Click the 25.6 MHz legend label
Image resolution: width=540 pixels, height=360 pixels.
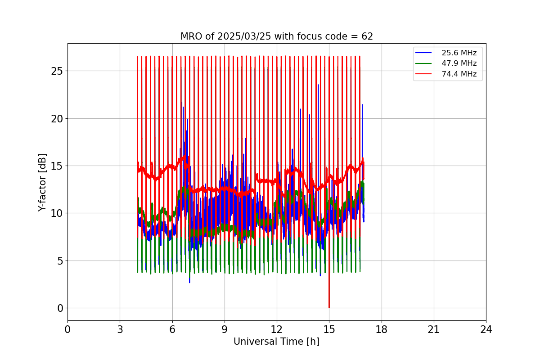coord(459,53)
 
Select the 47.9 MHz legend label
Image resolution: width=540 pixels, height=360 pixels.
coord(459,63)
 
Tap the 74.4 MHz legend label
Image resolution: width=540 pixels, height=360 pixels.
coord(459,74)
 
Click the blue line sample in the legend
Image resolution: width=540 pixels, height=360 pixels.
coord(423,53)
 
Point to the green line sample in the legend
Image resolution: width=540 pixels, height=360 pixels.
coord(423,63)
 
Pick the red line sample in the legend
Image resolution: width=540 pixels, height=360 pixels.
coord(423,74)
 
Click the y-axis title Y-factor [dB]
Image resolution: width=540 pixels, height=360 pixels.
coord(42,182)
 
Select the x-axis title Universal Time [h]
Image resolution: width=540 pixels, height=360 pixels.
coord(276,342)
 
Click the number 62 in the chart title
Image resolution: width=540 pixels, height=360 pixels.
coord(367,36)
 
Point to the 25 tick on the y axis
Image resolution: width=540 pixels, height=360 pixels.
coord(57,71)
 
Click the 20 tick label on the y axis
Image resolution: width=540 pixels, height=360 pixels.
coord(57,118)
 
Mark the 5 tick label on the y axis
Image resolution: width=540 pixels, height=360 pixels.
coord(59,261)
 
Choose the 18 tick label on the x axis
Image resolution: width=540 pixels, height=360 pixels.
coord(381,329)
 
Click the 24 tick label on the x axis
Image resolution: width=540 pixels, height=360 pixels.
coord(486,329)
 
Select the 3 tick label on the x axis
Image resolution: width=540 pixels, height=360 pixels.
coord(120,329)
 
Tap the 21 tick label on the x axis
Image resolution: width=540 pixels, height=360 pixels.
coord(433,329)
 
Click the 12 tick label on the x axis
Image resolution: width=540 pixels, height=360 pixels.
coord(277,329)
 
